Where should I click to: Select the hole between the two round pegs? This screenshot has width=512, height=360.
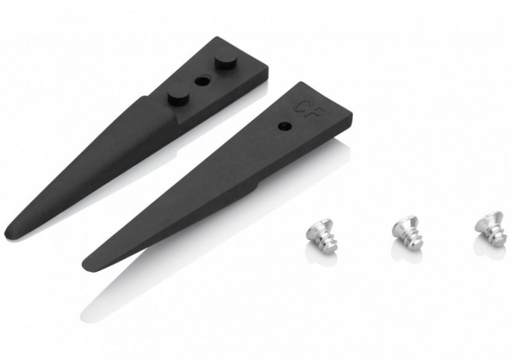[x=202, y=80]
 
